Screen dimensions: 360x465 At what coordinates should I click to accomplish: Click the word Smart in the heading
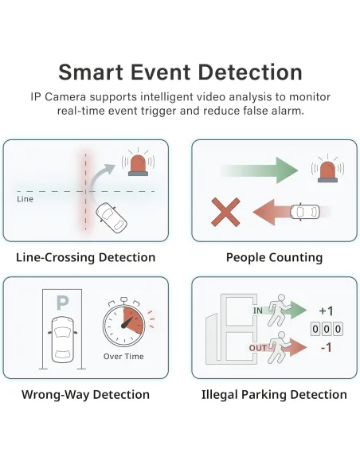coord(91,72)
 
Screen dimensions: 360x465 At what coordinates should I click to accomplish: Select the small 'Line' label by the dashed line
coord(25,199)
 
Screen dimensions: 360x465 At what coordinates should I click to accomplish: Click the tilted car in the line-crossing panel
coord(112,217)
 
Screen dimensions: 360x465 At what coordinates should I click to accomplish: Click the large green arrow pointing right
coord(259,170)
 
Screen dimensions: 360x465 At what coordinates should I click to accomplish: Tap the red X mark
coord(225,212)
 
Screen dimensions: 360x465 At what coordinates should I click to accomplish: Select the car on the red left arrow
coord(305,212)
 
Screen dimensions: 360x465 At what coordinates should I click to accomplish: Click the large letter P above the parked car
coord(63,303)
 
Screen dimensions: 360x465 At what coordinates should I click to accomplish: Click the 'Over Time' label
coord(123,356)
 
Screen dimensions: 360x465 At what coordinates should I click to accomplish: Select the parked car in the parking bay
coord(63,339)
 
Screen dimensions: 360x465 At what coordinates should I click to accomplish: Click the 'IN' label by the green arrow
coord(258,311)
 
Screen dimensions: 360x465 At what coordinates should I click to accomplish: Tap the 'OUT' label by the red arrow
coord(258,348)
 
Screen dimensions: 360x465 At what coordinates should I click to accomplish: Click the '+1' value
coord(327,311)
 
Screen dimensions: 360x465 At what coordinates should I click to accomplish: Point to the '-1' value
coord(327,347)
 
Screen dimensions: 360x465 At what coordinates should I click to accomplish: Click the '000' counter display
coord(327,329)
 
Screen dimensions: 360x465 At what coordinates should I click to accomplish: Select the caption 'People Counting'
coord(274,257)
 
